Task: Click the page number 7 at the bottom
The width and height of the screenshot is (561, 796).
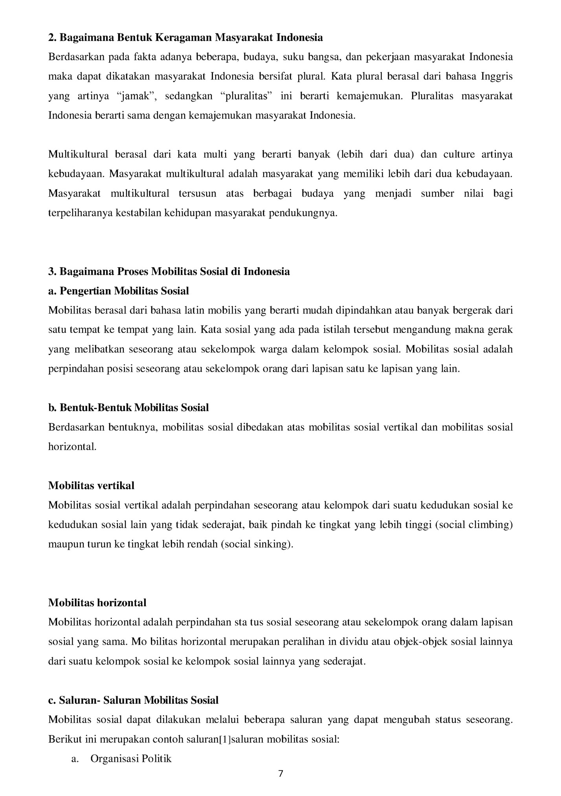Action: click(280, 774)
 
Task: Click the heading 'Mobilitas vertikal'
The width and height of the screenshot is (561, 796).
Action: click(91, 486)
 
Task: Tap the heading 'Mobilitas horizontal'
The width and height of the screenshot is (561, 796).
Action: click(97, 602)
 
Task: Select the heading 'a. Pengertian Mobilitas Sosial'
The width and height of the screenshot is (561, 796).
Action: click(118, 291)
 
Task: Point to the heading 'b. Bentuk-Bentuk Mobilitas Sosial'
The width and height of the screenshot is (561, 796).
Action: click(128, 407)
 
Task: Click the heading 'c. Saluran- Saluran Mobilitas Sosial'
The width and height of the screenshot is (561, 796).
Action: click(133, 700)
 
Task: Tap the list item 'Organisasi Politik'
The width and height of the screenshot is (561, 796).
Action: click(131, 758)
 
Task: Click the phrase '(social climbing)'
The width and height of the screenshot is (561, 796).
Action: click(474, 525)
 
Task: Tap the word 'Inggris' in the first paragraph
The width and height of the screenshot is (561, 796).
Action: click(497, 77)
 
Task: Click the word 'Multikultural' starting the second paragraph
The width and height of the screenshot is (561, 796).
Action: click(78, 154)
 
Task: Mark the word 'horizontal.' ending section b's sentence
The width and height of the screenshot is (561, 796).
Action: click(72, 447)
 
